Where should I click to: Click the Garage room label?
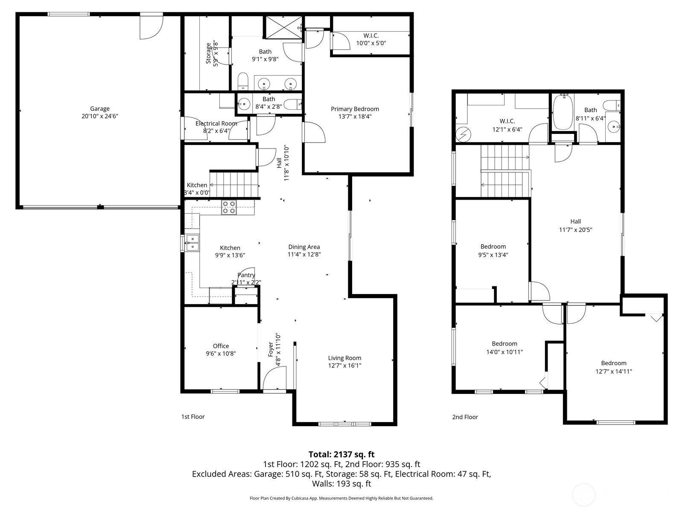[100, 108]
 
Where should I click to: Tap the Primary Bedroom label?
[355, 109]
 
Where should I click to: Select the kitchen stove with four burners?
[229, 207]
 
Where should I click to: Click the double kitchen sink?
[192, 243]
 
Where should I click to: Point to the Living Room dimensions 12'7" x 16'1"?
[344, 366]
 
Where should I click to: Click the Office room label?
[221, 346]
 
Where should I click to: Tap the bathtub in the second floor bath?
[563, 112]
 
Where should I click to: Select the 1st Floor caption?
[193, 416]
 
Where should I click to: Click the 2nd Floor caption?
[465, 417]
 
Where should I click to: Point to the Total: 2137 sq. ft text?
[341, 454]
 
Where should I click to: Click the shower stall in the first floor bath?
[283, 27]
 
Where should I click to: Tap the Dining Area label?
[304, 247]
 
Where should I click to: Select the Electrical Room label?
[216, 123]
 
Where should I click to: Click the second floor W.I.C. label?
[507, 121]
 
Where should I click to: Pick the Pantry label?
[246, 275]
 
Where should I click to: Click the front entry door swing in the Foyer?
[274, 378]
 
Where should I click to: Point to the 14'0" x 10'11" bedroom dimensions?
[505, 352]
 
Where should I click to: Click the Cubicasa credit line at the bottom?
[341, 498]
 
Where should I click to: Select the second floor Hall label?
[575, 221]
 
